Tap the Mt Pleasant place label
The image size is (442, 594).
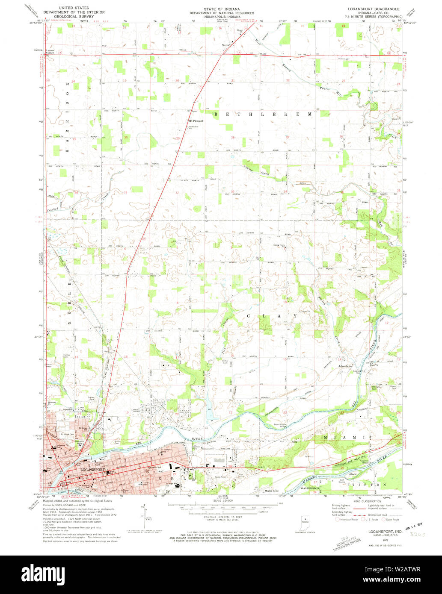196,121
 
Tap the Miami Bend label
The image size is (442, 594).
271,491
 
